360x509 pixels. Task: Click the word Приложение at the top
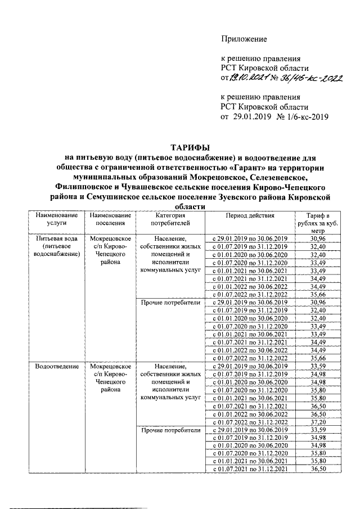(244, 39)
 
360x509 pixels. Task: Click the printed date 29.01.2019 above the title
(253, 117)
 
